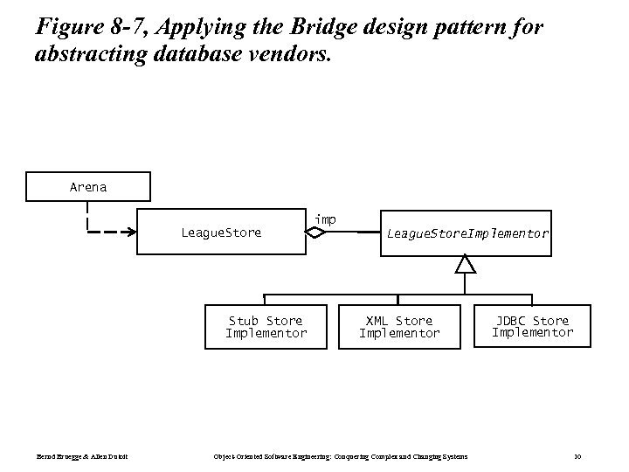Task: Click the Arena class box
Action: point(88,187)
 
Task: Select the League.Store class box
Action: point(221,233)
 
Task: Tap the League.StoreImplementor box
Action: point(467,233)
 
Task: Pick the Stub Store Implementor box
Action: point(266,327)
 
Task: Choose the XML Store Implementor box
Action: point(399,327)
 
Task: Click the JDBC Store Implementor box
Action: point(532,326)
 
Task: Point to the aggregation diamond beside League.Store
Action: point(317,233)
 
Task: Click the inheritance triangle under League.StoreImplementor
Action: point(467,263)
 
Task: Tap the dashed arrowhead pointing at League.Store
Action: point(130,233)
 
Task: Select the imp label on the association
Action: point(325,219)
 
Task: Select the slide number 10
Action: point(577,456)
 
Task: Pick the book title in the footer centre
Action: point(341,456)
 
